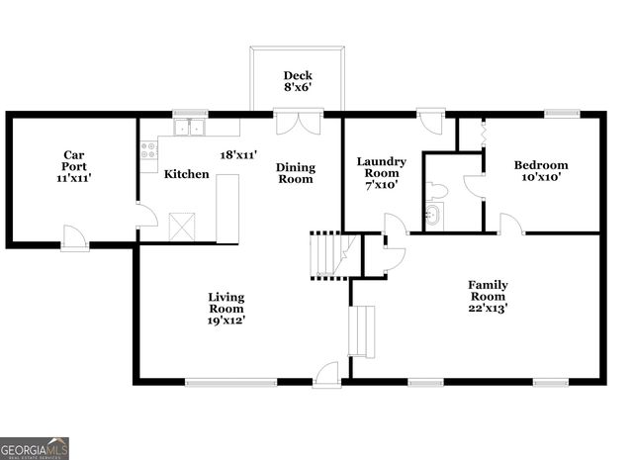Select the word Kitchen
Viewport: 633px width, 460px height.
(186, 174)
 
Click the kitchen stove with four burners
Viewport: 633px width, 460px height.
(148, 150)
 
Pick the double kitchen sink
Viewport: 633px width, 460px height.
(188, 128)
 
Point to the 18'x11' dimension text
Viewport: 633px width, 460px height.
(238, 155)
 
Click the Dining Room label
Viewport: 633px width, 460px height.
(295, 173)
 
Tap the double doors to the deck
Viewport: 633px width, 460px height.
(298, 123)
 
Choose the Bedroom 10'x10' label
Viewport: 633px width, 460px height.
(541, 171)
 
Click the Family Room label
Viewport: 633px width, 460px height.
(487, 296)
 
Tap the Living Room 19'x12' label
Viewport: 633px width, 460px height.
(226, 308)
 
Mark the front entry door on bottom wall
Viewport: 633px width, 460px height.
(326, 376)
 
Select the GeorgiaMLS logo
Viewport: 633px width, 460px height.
(35, 448)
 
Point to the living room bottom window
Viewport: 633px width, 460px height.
(217, 382)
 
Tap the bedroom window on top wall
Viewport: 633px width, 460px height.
(562, 114)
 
